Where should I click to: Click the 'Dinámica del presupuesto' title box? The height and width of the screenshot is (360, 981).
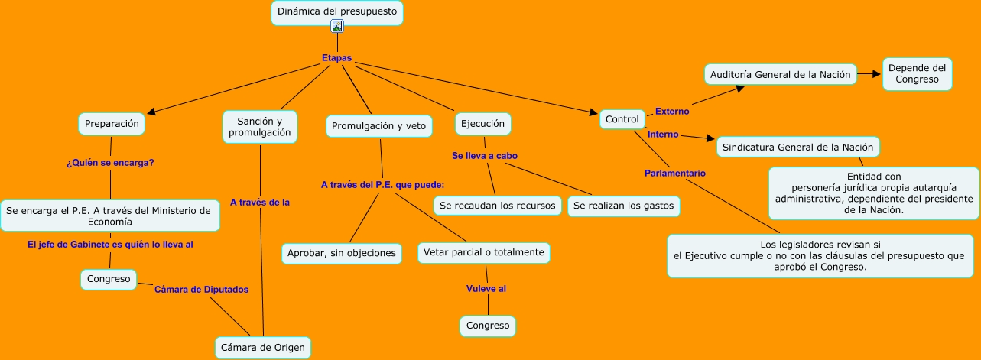(x=336, y=12)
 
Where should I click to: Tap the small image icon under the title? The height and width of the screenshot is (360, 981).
(x=337, y=26)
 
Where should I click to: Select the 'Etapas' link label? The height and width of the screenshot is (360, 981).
(x=336, y=58)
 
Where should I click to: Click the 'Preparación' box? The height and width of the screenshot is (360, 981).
(x=112, y=123)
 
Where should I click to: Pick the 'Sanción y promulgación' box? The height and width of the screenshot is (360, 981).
(x=260, y=127)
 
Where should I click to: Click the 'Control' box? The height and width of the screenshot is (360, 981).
(x=622, y=119)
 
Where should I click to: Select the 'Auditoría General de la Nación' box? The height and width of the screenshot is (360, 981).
(x=780, y=75)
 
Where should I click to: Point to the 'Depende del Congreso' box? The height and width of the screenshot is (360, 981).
(x=917, y=74)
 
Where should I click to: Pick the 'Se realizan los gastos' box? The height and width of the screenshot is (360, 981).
(x=623, y=206)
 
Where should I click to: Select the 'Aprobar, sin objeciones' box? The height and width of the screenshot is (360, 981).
(x=342, y=252)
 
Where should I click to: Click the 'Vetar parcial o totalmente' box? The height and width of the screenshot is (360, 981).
(x=484, y=252)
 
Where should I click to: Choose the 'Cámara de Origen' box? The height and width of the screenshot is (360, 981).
(x=262, y=348)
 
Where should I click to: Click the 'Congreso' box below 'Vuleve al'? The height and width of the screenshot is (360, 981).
(x=488, y=326)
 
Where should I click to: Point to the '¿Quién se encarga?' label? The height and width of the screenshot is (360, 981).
(x=111, y=162)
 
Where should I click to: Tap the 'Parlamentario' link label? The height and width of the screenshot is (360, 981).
(x=674, y=174)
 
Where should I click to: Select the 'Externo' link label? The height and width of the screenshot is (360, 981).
(x=672, y=112)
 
